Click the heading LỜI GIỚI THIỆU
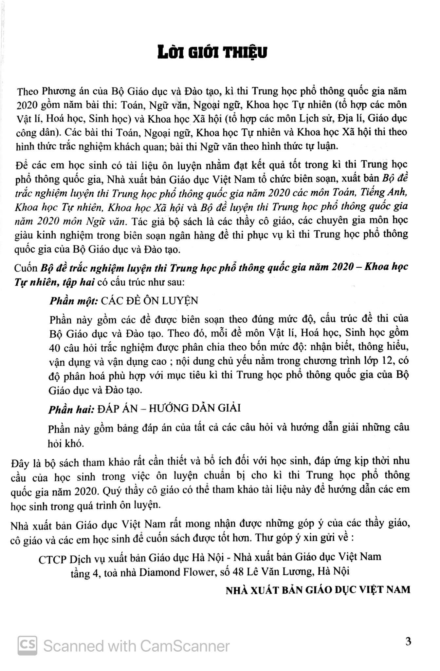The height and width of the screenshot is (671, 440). click(x=212, y=53)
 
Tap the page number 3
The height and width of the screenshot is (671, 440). click(x=408, y=641)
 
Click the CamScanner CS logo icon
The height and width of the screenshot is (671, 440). click(x=27, y=645)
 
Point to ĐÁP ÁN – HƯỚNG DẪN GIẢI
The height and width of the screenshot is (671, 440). click(x=169, y=408)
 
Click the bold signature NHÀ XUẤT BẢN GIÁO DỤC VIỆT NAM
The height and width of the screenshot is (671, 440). click(x=318, y=590)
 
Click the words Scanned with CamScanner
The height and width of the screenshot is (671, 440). click(x=136, y=646)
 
